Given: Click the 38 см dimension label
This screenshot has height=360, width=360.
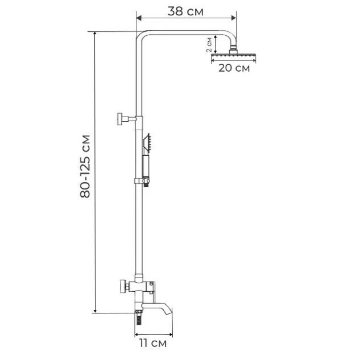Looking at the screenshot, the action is click(x=185, y=11).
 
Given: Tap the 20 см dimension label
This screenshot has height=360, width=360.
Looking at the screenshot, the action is click(x=234, y=68).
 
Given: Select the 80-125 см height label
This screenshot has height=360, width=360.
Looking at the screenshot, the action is click(x=85, y=166).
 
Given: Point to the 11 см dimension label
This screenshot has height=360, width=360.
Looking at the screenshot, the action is click(x=153, y=344).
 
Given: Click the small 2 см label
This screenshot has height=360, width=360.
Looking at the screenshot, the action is click(x=209, y=45).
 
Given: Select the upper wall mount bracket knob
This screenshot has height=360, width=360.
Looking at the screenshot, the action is click(x=121, y=119).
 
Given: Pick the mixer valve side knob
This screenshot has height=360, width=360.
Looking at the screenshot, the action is click(x=123, y=286).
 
